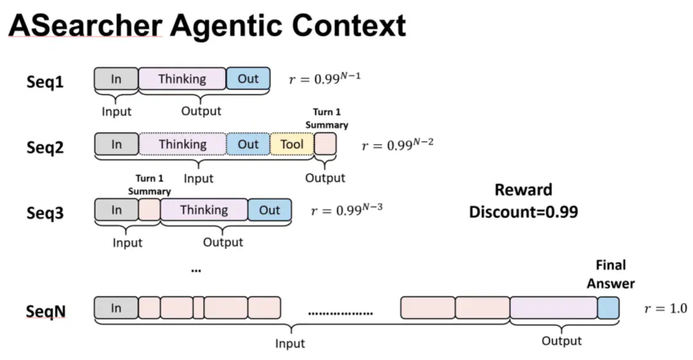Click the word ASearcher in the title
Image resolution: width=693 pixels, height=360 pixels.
click(85, 25)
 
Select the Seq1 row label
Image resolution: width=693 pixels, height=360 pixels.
click(45, 82)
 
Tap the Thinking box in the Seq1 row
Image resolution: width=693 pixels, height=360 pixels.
click(182, 79)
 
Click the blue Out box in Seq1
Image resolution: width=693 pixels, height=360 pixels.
click(248, 79)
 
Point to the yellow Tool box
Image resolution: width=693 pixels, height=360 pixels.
click(292, 144)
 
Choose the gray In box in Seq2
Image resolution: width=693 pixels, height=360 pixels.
click(116, 144)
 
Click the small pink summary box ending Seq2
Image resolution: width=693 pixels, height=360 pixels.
click(325, 144)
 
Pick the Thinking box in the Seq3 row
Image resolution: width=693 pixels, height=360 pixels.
click(204, 210)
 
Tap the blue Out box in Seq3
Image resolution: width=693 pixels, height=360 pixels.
click(269, 210)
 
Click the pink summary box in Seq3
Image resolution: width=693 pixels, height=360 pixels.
click(150, 210)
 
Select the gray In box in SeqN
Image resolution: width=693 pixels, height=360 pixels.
click(116, 308)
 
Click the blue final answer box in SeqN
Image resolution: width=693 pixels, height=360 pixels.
click(608, 308)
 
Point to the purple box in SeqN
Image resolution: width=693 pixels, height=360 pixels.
click(554, 308)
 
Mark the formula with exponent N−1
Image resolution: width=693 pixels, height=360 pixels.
click(325, 78)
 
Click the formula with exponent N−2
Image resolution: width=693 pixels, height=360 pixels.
click(398, 144)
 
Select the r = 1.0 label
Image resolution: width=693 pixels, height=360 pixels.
click(665, 308)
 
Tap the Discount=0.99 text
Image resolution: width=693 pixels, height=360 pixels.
click(524, 212)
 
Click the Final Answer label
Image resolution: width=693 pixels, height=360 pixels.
click(611, 274)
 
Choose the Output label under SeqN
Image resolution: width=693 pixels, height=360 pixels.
click(561, 341)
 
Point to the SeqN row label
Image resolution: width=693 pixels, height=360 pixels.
click(46, 311)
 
